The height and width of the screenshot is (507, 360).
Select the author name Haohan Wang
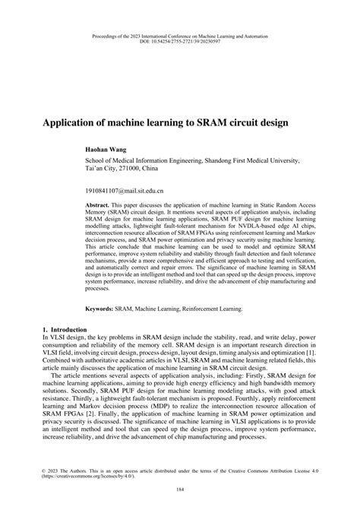tap(105, 151)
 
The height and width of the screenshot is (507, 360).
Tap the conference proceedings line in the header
tap(180, 35)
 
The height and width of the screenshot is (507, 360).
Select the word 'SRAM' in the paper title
tap(219, 121)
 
